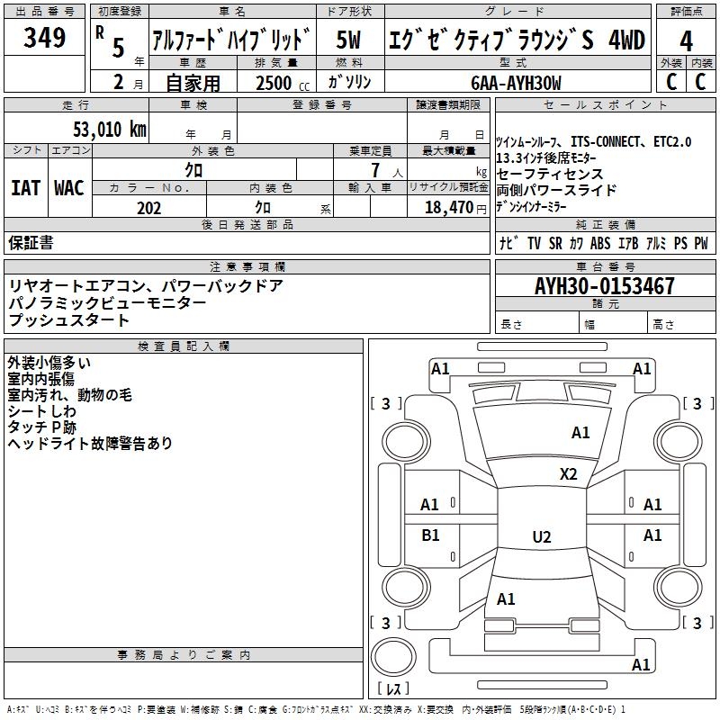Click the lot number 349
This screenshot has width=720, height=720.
coord(45,38)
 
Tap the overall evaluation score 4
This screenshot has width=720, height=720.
coord(686,40)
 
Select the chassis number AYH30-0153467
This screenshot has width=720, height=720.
coord(604,286)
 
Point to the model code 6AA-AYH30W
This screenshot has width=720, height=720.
coord(517,82)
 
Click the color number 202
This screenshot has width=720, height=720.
coord(148,207)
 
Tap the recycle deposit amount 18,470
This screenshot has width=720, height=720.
coord(449,207)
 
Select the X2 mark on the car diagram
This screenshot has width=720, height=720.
coord(568,473)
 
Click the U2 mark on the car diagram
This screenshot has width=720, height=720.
coord(541,537)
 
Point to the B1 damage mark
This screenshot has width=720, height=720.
coord(430,535)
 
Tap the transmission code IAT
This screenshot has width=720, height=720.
coord(26,189)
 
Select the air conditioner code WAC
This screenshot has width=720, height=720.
coord(68,189)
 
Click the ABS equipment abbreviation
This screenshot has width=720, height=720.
coord(601,243)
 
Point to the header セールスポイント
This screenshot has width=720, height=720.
coord(607,105)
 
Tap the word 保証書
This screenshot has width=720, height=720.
coord(31,243)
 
